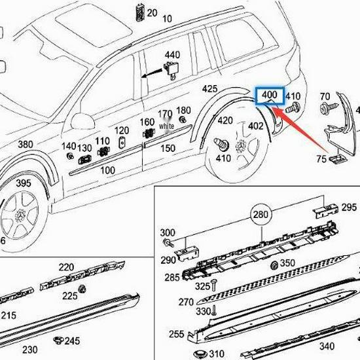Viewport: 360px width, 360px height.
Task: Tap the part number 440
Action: [x=172, y=54]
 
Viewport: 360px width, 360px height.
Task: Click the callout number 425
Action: [x=209, y=89]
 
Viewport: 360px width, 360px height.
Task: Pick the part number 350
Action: [x=287, y=263]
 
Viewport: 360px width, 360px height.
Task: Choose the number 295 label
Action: [x=349, y=207]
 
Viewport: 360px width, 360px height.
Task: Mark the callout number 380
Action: [x=25, y=144]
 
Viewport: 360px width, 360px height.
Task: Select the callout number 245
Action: [x=72, y=341]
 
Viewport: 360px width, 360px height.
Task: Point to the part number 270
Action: [x=187, y=302]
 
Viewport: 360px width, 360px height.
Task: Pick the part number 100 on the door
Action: [x=108, y=170]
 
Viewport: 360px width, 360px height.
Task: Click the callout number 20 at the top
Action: [x=152, y=12]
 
